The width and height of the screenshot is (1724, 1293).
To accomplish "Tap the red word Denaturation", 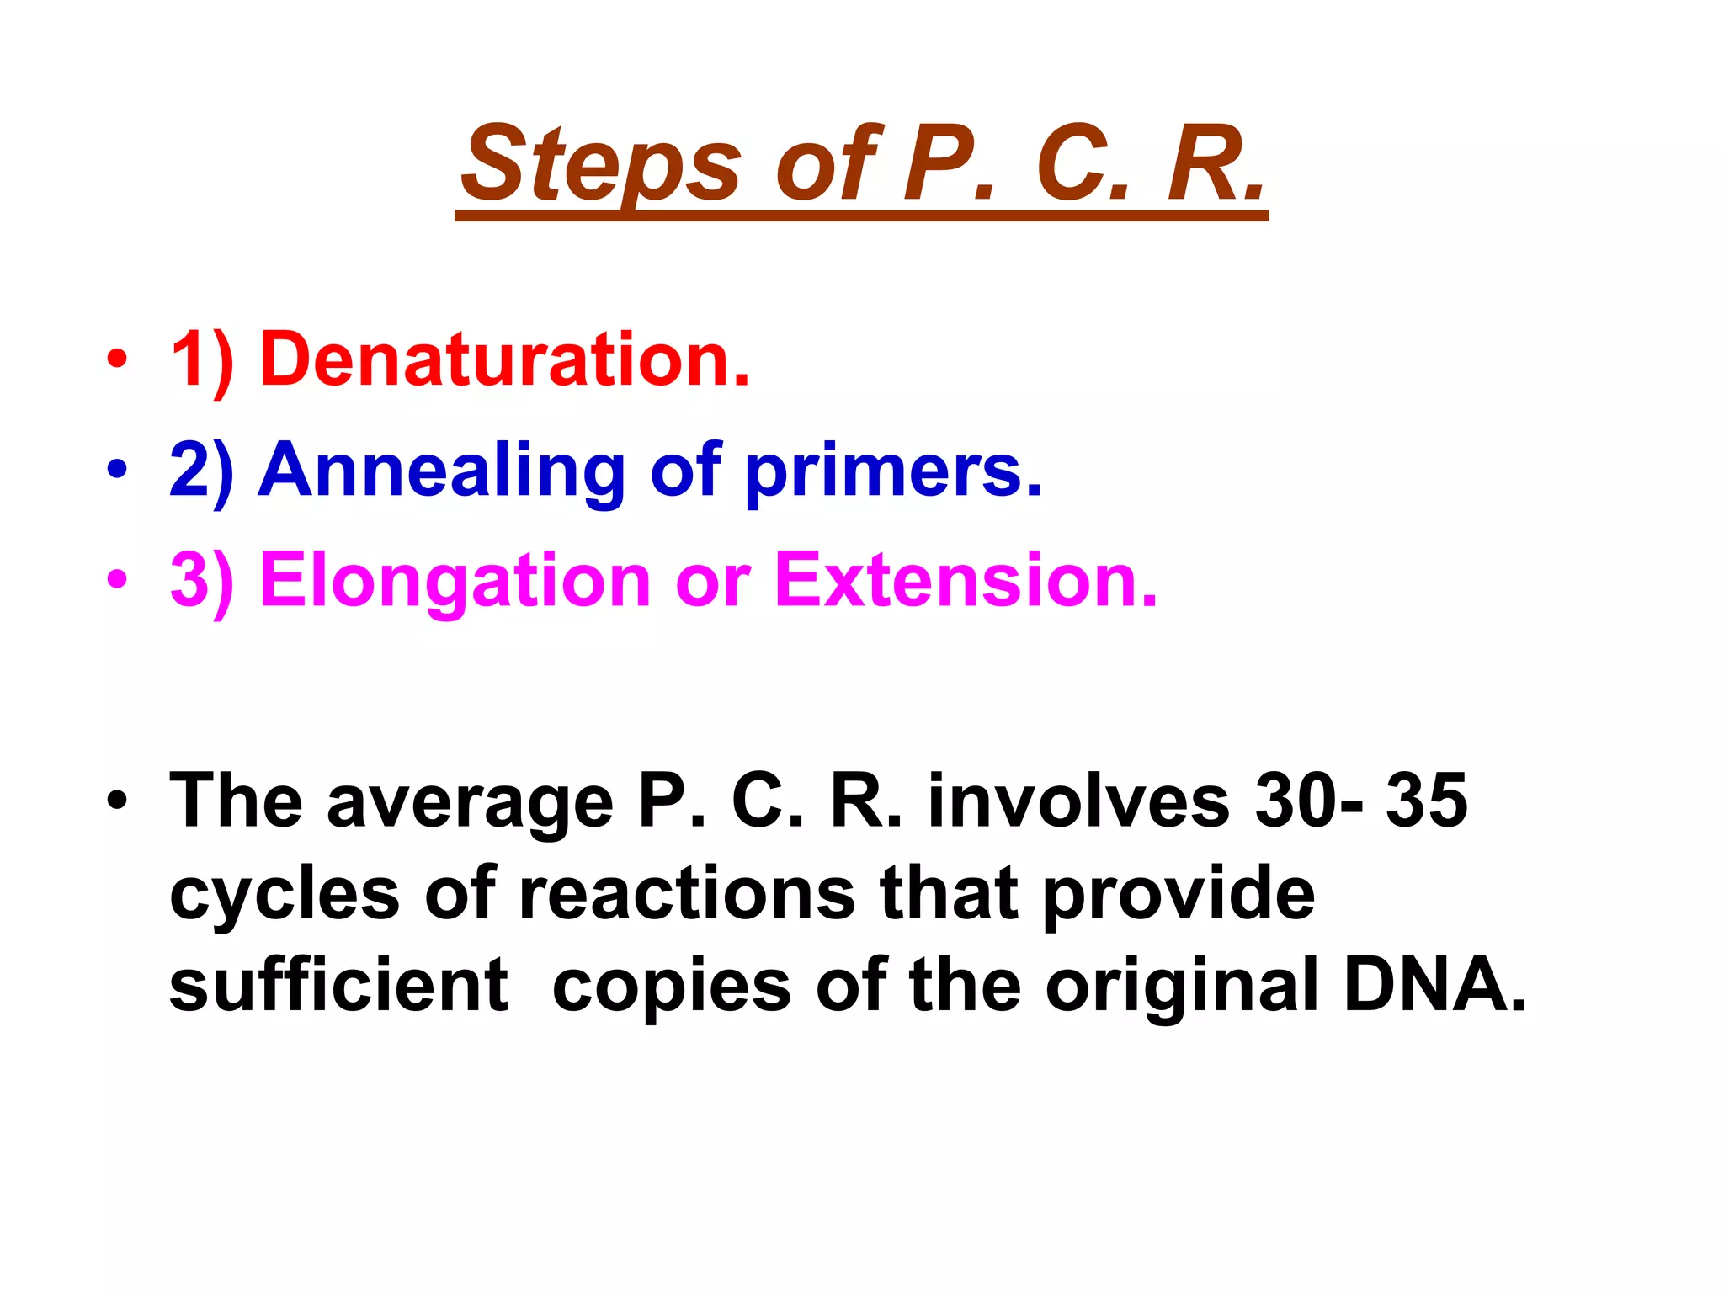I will [504, 359].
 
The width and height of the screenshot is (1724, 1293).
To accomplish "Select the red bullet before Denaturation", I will [117, 360].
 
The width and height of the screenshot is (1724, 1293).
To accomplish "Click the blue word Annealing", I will [441, 471].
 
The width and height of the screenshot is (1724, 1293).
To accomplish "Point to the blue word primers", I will [893, 471].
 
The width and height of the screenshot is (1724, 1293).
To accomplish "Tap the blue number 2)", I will [201, 471].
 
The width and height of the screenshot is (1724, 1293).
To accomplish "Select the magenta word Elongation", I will [455, 581].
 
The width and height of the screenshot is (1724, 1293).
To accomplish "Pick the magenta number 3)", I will [201, 581].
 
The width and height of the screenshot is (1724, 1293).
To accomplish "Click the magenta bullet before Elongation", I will [117, 581].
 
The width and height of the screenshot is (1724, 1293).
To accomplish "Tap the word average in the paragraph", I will [470, 802].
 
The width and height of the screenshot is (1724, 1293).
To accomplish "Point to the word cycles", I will [284, 894].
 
